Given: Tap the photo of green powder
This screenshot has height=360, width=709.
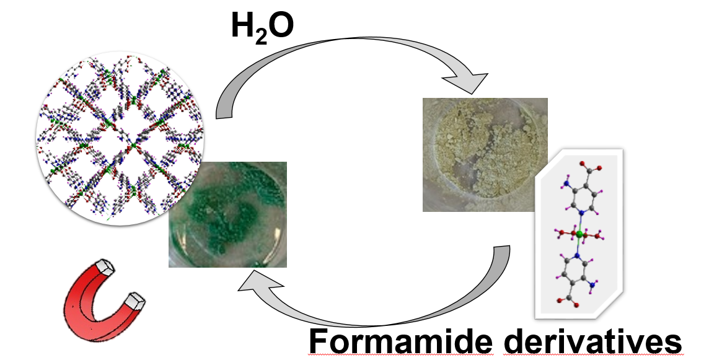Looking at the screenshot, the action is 227,214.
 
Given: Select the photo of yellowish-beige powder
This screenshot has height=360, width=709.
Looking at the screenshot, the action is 485,154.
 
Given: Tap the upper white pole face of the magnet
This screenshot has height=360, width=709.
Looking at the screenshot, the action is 109,267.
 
